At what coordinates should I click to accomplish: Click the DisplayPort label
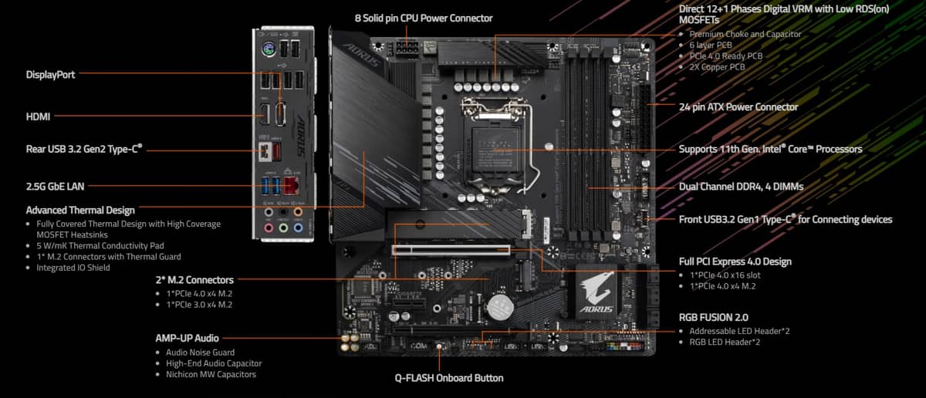(x=50, y=75)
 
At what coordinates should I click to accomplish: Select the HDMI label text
(x=38, y=116)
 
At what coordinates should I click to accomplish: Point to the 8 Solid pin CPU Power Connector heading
(x=423, y=18)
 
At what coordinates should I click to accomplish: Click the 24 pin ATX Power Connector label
(x=738, y=107)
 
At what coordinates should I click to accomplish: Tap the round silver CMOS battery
(x=500, y=308)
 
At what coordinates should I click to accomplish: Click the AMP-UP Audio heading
(x=187, y=338)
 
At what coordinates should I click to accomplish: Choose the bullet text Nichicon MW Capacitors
(x=211, y=374)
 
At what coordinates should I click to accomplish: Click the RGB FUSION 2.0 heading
(x=713, y=317)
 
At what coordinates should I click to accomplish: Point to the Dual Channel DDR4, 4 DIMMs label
(x=741, y=187)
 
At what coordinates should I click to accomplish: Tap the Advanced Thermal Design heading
(x=80, y=210)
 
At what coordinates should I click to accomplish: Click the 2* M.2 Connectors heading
(x=194, y=280)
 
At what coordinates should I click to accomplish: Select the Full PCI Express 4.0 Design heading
(x=735, y=261)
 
